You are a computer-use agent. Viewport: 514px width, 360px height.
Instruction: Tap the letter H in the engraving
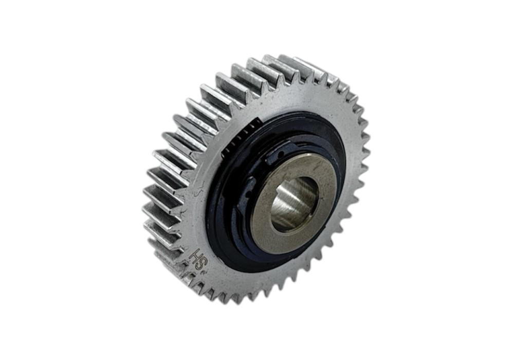click(x=193, y=254)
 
